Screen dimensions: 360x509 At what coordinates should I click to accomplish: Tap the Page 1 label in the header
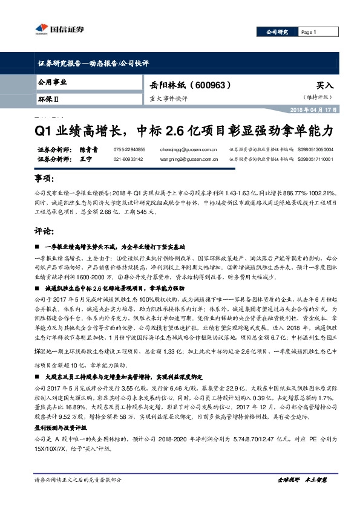(x=309, y=32)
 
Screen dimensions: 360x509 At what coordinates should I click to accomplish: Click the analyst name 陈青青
(x=88, y=149)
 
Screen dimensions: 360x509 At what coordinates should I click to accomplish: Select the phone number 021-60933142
(x=129, y=159)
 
